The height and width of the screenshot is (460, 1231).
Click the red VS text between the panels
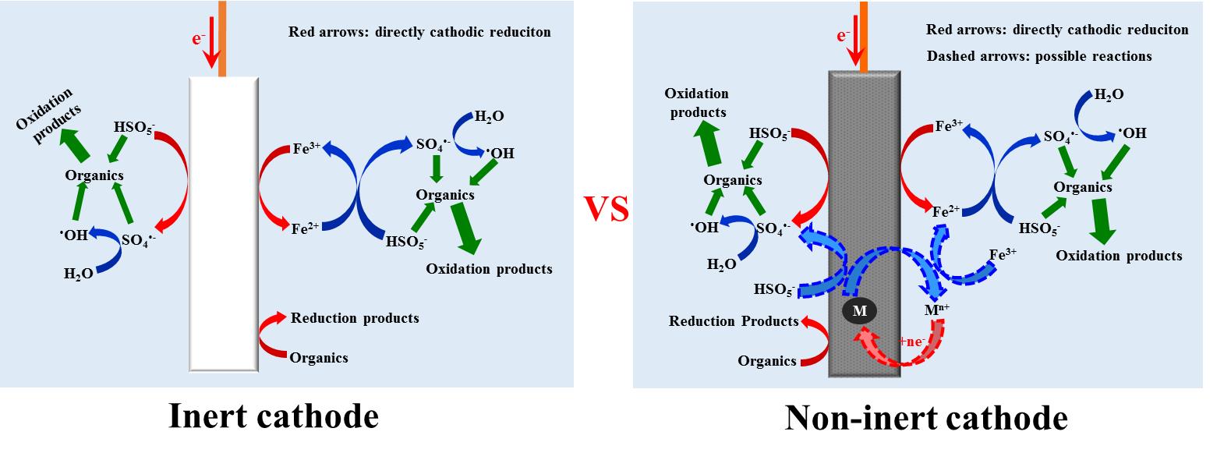coord(607,208)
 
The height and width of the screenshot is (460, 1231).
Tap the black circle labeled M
coord(859,310)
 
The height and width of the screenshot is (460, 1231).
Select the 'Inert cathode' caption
coord(274,416)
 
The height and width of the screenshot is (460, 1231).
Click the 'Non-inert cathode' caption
coord(925,418)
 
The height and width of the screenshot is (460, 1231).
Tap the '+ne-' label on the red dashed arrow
coord(912,341)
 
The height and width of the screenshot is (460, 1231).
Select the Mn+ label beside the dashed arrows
coord(936,310)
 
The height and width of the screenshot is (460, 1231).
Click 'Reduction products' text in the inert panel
coord(355,318)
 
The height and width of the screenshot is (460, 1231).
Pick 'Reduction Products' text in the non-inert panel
coord(734,321)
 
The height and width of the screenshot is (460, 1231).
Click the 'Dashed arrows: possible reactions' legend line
coord(1038,56)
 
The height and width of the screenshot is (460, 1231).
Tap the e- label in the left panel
coord(199,37)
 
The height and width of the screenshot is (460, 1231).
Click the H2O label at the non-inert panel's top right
coord(1109,95)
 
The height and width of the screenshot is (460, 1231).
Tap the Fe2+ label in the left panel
coord(305,228)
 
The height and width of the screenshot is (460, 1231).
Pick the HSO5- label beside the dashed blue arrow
coord(774,290)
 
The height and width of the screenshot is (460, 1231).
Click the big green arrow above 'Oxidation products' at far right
coord(1104,221)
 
